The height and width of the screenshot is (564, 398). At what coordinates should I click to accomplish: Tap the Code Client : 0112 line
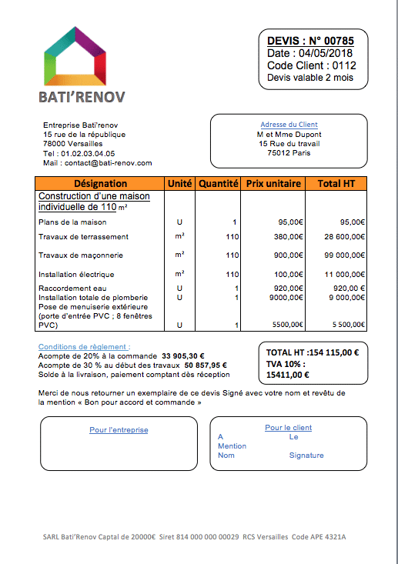pos(311,66)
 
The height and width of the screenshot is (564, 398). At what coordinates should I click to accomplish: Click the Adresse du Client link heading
pos(289,125)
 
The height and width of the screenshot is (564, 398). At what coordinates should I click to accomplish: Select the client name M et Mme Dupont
pos(289,134)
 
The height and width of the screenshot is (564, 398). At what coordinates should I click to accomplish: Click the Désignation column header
pos(100,184)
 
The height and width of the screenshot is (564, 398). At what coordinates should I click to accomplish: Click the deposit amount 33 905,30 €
pos(182,356)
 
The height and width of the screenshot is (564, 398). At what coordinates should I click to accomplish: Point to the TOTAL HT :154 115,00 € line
pos(312,352)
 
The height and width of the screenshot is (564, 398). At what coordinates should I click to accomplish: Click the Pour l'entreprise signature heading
pos(119,430)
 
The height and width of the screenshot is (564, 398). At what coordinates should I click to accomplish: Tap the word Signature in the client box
pos(306,455)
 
